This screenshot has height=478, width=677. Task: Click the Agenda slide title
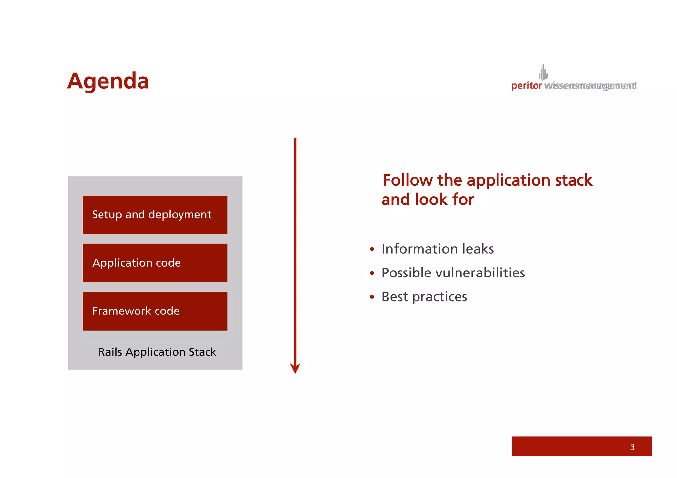click(108, 81)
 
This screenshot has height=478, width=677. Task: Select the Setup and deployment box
click(155, 215)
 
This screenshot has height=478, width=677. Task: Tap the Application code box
click(155, 263)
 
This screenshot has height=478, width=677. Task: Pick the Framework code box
click(155, 311)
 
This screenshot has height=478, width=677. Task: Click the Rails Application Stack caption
click(157, 352)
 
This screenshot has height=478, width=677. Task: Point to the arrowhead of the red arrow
click(295, 368)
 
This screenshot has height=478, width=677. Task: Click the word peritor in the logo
click(526, 86)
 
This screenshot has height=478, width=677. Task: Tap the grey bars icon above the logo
click(543, 72)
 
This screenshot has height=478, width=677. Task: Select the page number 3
click(632, 447)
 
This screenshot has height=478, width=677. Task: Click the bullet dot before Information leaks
click(372, 249)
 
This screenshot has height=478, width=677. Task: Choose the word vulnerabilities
click(480, 273)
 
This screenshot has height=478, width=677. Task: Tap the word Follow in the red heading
click(407, 180)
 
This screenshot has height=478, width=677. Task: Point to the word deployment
click(180, 215)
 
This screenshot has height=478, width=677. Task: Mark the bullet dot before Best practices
click(372, 297)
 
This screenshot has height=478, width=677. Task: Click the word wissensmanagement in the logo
click(590, 86)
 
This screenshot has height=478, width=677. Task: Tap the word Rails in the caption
click(110, 352)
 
